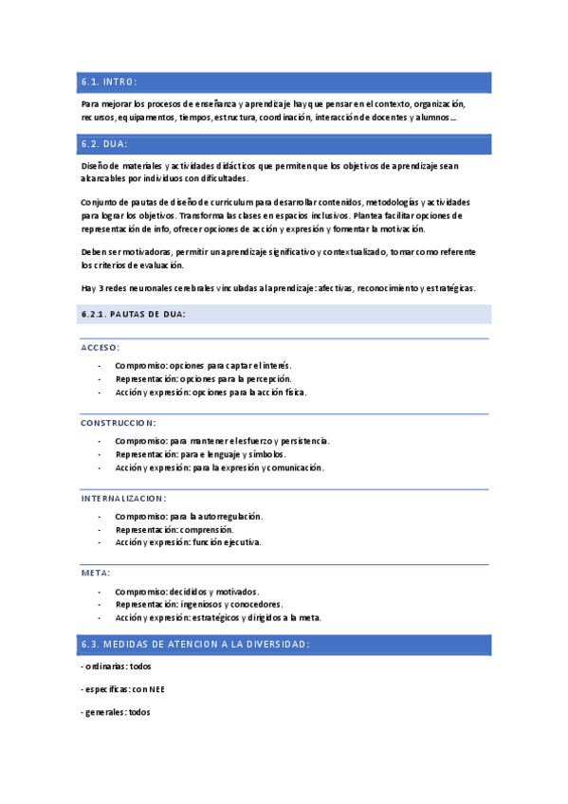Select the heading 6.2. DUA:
pyautogui.click(x=105, y=144)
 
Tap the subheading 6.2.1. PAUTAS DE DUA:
pyautogui.click(x=134, y=314)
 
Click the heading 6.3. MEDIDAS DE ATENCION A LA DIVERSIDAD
pyautogui.click(x=194, y=644)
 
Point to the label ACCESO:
pyautogui.click(x=100, y=347)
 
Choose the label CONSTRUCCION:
pyautogui.click(x=119, y=422)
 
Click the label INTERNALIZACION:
pyautogui.click(x=123, y=498)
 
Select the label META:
pyautogui.click(x=96, y=573)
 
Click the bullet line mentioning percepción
pyautogui.click(x=203, y=378)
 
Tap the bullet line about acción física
pyautogui.click(x=211, y=392)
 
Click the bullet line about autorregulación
pyautogui.click(x=189, y=516)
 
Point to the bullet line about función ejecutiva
pyautogui.click(x=188, y=542)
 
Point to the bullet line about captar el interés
pyautogui.click(x=203, y=365)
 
